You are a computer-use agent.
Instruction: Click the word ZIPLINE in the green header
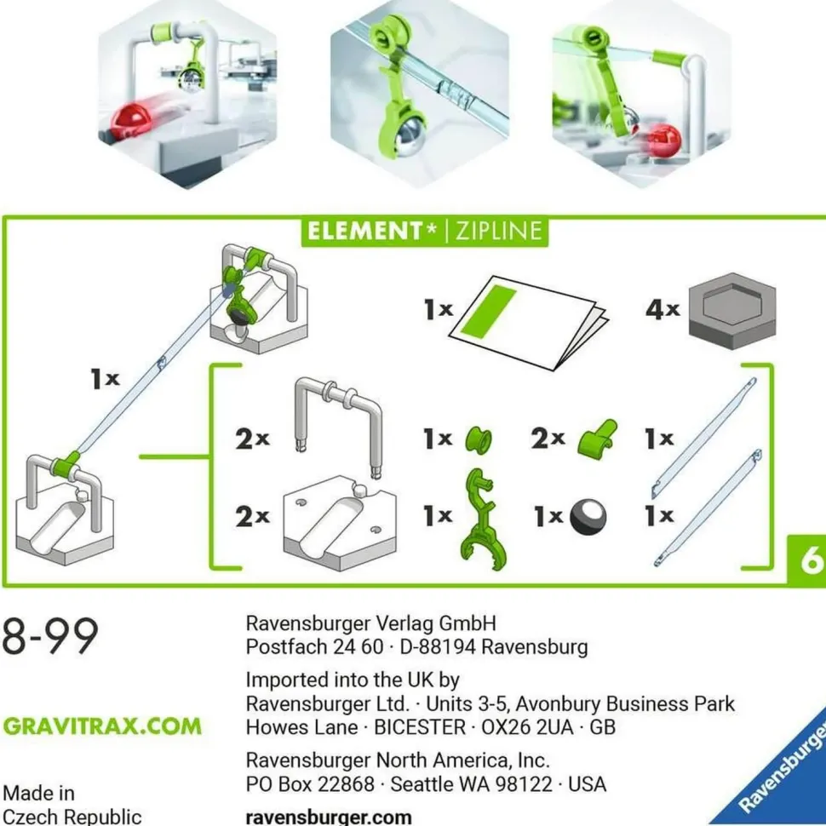(x=498, y=232)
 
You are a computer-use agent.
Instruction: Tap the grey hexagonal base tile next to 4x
(x=732, y=312)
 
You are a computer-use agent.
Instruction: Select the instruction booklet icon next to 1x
(x=528, y=323)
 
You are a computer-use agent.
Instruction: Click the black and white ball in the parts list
(x=588, y=516)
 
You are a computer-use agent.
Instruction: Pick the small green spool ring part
(x=479, y=440)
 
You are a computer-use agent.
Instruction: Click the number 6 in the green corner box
(x=812, y=560)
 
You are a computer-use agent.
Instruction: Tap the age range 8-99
(x=50, y=636)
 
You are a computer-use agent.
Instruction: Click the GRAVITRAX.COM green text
(x=102, y=726)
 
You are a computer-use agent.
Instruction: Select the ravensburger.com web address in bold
(x=329, y=817)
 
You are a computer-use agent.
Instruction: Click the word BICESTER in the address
(x=420, y=727)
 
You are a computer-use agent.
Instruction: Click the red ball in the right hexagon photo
(x=663, y=141)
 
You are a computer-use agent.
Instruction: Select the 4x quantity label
(x=663, y=309)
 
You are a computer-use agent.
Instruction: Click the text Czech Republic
(x=72, y=817)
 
